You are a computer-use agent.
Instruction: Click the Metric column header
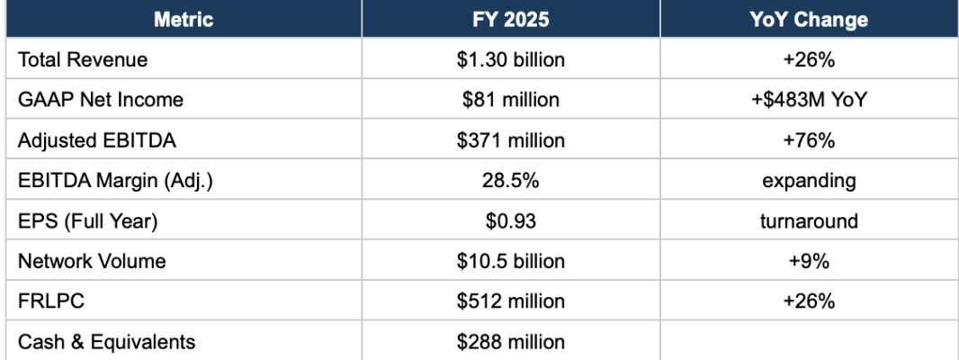(x=184, y=20)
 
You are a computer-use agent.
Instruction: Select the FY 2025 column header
(x=511, y=20)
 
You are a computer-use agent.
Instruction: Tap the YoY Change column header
(x=809, y=20)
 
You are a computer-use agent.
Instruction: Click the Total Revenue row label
(x=83, y=59)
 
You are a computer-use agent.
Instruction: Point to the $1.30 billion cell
(x=511, y=59)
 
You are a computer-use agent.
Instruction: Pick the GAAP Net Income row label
(x=100, y=99)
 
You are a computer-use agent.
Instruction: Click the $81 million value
(x=511, y=99)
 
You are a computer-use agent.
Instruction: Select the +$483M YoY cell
(x=809, y=99)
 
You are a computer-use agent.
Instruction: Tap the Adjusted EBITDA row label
(x=96, y=140)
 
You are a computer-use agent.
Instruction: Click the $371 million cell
(x=511, y=140)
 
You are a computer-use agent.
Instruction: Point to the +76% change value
(x=809, y=140)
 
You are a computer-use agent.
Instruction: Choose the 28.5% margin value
(x=511, y=181)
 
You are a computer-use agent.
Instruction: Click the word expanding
(x=809, y=181)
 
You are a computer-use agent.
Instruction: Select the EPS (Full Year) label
(x=87, y=221)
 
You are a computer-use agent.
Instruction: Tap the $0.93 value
(x=511, y=220)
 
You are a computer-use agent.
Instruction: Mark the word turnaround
(x=809, y=220)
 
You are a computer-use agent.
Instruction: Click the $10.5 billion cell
(x=511, y=261)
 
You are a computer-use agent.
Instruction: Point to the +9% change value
(x=809, y=261)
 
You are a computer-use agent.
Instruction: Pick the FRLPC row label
(x=47, y=301)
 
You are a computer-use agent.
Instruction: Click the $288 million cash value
(x=511, y=341)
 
